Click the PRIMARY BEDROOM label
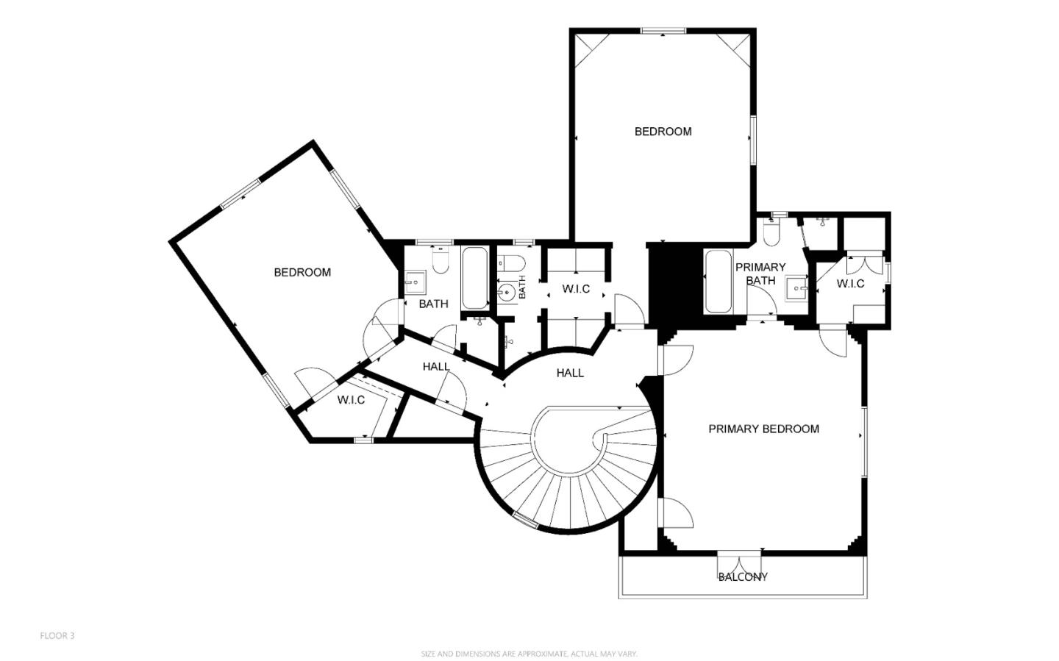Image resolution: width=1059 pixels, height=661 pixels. tap(763, 429)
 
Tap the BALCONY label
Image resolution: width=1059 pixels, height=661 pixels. tap(743, 577)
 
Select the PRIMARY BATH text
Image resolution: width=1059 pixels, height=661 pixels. tap(760, 274)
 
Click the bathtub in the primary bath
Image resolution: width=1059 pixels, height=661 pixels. tap(717, 282)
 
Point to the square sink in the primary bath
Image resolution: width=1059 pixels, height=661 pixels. tap(796, 288)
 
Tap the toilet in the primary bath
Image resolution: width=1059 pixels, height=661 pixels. tap(771, 232)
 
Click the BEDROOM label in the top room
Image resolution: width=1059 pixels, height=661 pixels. tap(663, 132)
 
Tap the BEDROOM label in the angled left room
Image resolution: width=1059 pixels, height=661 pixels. tap(302, 272)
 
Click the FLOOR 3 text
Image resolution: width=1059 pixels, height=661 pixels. tap(57, 636)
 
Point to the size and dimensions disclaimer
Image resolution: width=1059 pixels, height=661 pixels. tap(529, 654)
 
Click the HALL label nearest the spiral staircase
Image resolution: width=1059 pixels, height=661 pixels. tap(570, 373)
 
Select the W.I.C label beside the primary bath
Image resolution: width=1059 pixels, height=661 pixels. tap(850, 284)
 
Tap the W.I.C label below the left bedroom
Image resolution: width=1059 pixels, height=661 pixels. tap(351, 400)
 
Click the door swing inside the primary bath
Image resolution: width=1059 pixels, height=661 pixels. tap(762, 301)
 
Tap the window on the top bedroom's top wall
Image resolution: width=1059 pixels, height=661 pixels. tap(663, 31)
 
